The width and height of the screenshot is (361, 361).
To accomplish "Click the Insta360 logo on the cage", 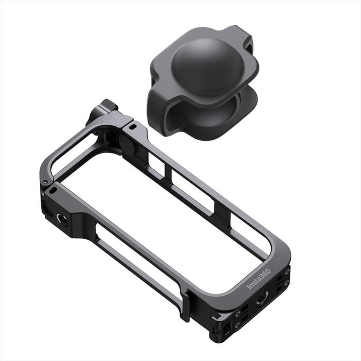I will tap(258, 278).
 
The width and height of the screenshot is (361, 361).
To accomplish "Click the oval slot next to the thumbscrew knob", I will tap(132, 127).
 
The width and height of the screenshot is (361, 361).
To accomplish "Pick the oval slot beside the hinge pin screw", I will tap(53, 190).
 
